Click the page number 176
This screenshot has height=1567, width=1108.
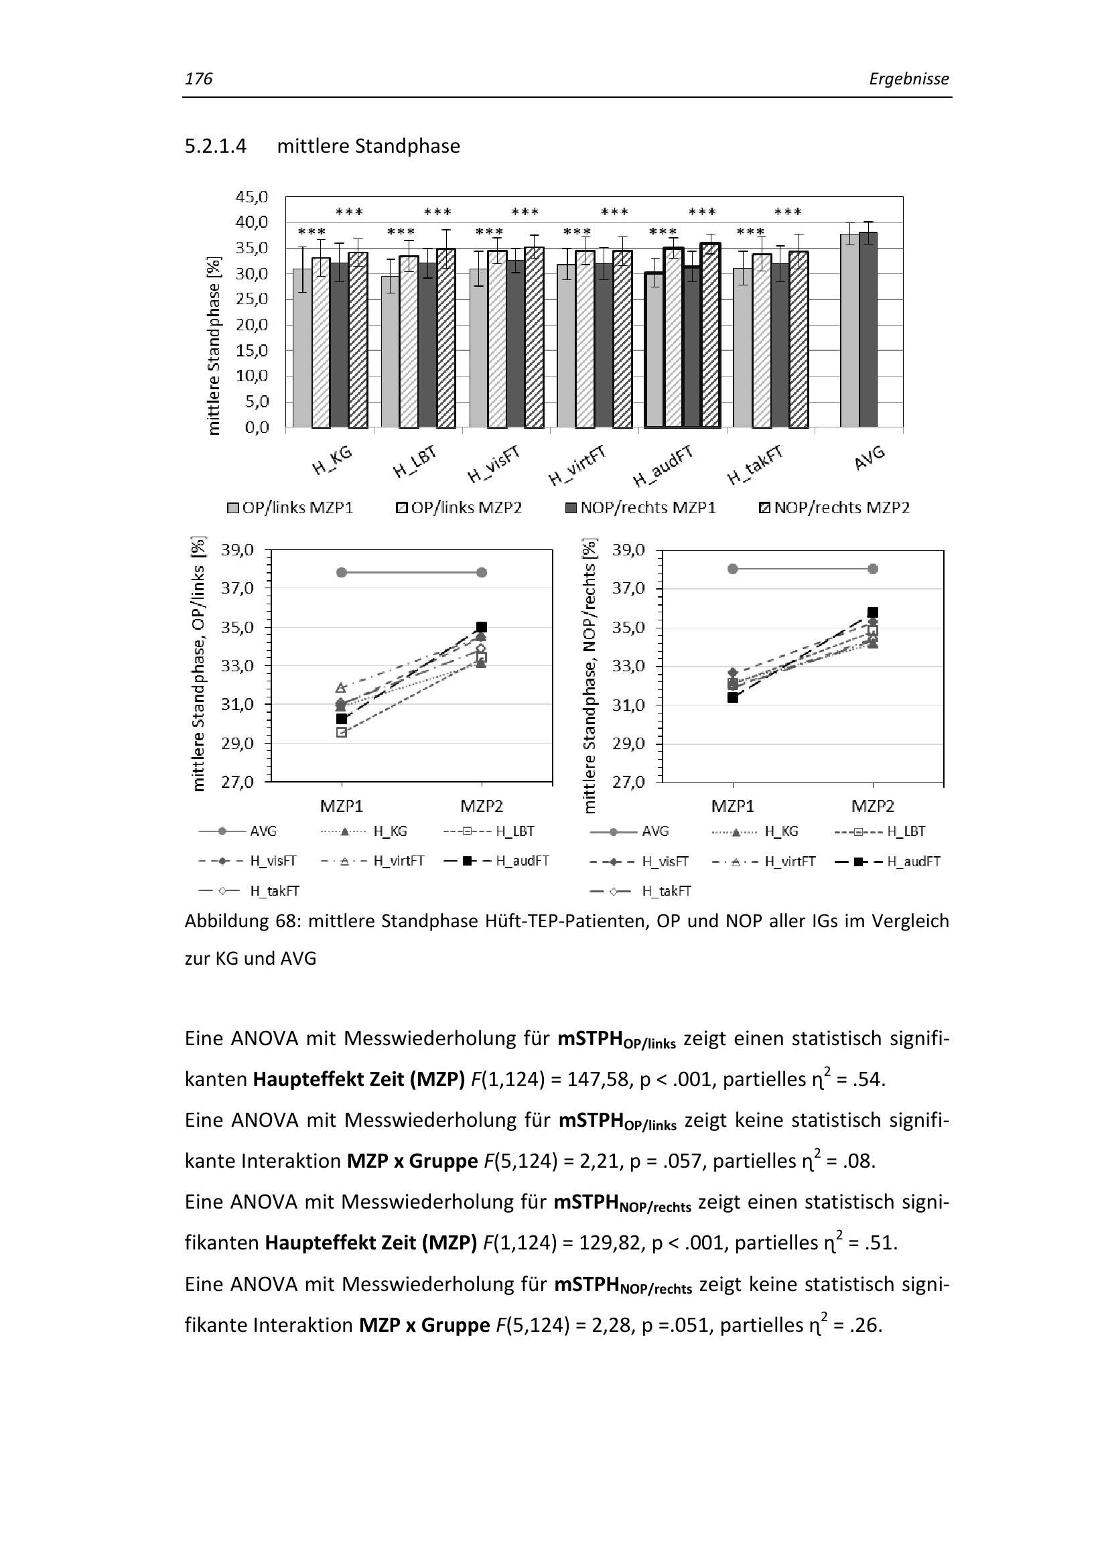pyautogui.click(x=198, y=79)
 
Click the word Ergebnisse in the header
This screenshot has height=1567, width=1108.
pyautogui.click(x=909, y=79)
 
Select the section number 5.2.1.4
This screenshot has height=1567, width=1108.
pyautogui.click(x=216, y=146)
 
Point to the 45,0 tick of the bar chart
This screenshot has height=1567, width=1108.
pyautogui.click(x=252, y=197)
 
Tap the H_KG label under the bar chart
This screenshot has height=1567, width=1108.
pyautogui.click(x=332, y=460)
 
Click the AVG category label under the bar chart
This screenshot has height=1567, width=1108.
pyautogui.click(x=870, y=458)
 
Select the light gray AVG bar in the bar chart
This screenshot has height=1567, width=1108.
pyautogui.click(x=849, y=330)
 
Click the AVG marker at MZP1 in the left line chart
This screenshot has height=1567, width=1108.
pyautogui.click(x=342, y=572)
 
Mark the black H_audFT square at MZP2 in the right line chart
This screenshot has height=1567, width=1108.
pyautogui.click(x=873, y=612)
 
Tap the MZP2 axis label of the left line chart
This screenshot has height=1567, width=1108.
pyautogui.click(x=482, y=806)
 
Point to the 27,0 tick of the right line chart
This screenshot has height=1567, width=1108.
pyautogui.click(x=628, y=782)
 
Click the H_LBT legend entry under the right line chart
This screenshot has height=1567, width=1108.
pyautogui.click(x=906, y=831)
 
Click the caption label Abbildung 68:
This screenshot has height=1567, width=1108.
pyautogui.click(x=243, y=921)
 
